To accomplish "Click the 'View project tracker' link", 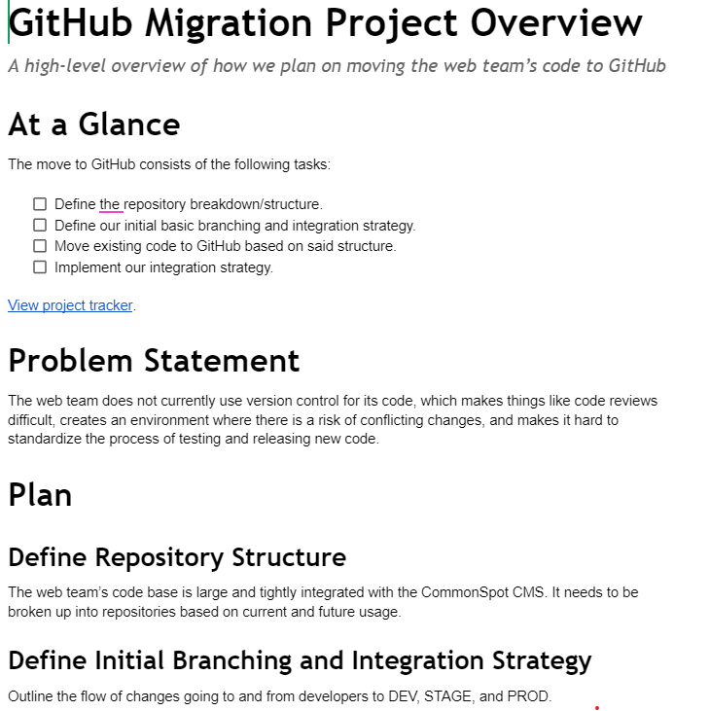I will point(70,305).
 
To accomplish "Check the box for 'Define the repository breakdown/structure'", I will point(40,204).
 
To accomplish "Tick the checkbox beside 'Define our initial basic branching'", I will point(40,226).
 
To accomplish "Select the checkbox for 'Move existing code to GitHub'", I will point(40,246).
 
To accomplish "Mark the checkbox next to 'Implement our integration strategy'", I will point(40,267).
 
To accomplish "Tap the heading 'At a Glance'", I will point(94,124).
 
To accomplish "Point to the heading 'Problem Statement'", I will point(154,361).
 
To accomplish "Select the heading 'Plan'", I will point(40,495).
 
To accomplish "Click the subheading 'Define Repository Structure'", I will point(177,557).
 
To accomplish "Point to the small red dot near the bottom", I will point(596,708).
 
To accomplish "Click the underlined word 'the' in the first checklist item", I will point(110,204).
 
